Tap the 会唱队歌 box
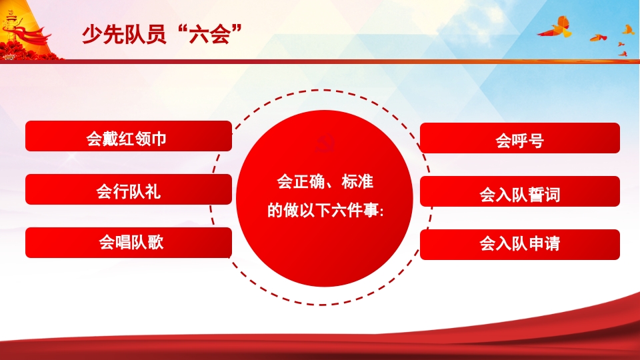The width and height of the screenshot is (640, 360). [x=128, y=243]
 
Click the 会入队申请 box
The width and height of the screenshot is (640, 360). [x=519, y=245]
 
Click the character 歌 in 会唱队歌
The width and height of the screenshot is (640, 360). [x=155, y=243]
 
